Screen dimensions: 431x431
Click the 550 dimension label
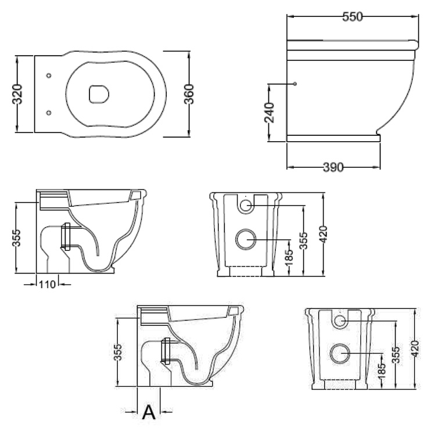click(x=353, y=17)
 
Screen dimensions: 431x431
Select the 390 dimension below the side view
click(x=333, y=167)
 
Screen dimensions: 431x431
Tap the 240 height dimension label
click(x=270, y=113)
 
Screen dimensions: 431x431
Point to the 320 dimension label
click(x=17, y=94)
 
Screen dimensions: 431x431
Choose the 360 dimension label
click(x=189, y=94)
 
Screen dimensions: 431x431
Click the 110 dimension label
click(x=47, y=285)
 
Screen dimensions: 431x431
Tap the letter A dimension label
click(x=149, y=412)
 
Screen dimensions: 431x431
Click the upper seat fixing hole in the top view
click(x=49, y=76)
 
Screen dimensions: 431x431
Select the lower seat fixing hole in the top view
click(x=49, y=113)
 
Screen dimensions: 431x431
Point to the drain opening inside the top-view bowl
click(x=99, y=95)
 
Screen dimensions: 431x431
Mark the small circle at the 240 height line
click(x=295, y=84)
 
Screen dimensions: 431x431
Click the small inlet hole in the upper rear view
click(x=246, y=205)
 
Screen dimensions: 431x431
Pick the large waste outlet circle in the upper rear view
click(x=246, y=239)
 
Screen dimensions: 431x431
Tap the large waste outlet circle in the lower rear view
click(x=340, y=353)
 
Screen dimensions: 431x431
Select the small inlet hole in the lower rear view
click(x=340, y=321)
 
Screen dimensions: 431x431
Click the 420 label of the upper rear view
click(x=324, y=235)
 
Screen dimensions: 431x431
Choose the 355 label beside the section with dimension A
click(x=117, y=352)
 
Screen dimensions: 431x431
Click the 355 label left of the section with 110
click(x=16, y=238)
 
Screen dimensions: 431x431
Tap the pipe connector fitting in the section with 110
click(x=66, y=236)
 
